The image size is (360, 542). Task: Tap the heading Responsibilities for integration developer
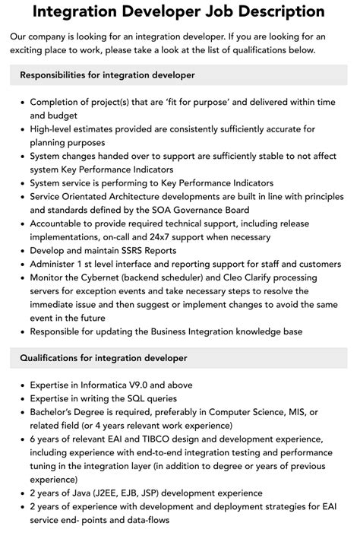click(x=108, y=75)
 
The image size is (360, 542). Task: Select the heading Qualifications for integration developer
click(x=103, y=357)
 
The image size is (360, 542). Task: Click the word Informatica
click(x=115, y=383)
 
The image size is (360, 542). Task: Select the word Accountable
click(x=60, y=223)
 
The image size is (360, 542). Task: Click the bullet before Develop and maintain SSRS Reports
click(x=22, y=251)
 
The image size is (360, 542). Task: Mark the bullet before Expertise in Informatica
click(x=22, y=383)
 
